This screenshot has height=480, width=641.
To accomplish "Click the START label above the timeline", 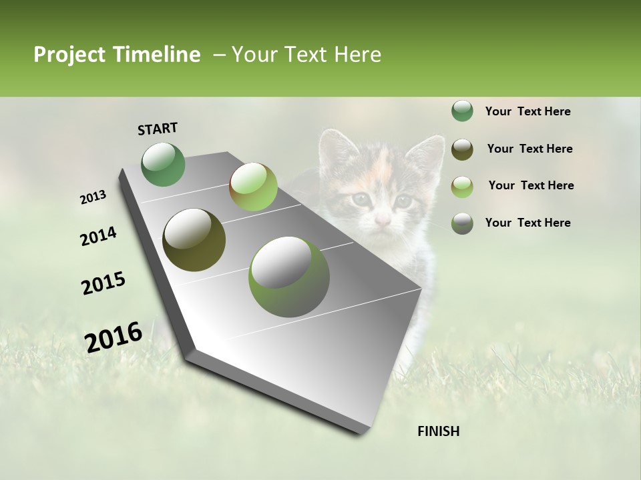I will [158, 129].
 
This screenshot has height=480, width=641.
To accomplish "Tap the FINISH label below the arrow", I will [438, 431].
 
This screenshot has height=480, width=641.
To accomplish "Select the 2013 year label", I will [93, 197].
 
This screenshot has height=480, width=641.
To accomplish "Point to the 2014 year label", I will [98, 237].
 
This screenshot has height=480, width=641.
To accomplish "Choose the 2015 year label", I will [103, 283].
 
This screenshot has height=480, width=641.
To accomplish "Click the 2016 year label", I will [114, 337].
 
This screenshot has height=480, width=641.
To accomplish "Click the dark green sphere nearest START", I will [164, 165].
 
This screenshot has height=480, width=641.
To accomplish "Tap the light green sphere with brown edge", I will [253, 187].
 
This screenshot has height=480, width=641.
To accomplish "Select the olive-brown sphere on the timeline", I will [194, 240].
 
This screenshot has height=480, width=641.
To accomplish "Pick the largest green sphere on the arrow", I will [289, 277].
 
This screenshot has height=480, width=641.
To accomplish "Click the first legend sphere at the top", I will [462, 111].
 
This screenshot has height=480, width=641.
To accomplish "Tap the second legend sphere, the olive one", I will [462, 149].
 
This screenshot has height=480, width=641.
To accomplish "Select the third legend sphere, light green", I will [462, 186].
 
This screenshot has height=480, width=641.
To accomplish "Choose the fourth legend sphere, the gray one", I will [462, 223].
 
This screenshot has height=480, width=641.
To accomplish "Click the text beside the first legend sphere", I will [527, 111].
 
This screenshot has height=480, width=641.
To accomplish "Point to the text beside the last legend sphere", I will [527, 223].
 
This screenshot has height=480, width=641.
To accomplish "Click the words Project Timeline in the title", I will [117, 55].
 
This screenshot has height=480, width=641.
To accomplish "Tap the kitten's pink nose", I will [383, 220].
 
